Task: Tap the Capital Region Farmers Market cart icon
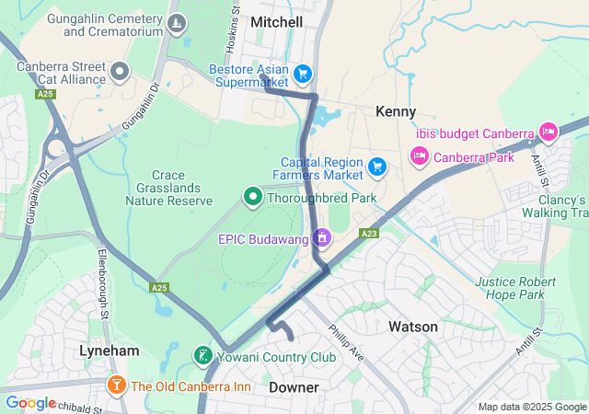pos(376,167)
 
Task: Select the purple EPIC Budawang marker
pos(321,238)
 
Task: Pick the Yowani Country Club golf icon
pos(202,356)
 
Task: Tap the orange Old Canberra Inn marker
pos(116,385)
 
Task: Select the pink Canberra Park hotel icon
pos(419,156)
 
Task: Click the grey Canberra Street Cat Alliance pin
pos(120,71)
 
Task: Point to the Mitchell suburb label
pos(276,21)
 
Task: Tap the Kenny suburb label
pos(396,111)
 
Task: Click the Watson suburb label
pos(413,327)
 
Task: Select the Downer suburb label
pos(294,387)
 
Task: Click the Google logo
pos(30,403)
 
